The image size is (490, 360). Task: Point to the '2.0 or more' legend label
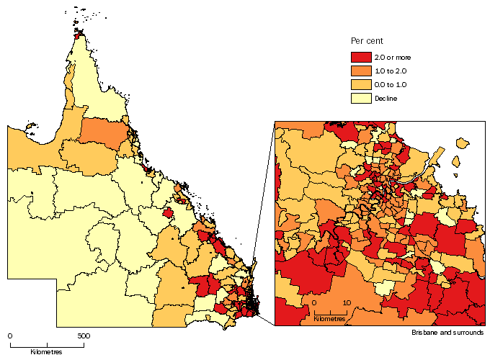coord(390,57)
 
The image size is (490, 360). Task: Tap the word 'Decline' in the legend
coord(386,98)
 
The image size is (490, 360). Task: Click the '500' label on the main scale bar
coord(84,336)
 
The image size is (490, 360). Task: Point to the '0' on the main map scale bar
coord(10,336)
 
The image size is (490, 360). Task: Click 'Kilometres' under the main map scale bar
coord(46,352)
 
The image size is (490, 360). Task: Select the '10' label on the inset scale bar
coord(347,302)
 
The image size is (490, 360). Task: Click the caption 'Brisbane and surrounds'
coord(447,333)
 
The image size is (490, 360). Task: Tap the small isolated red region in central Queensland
coord(169,213)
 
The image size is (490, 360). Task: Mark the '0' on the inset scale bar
coord(313,302)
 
